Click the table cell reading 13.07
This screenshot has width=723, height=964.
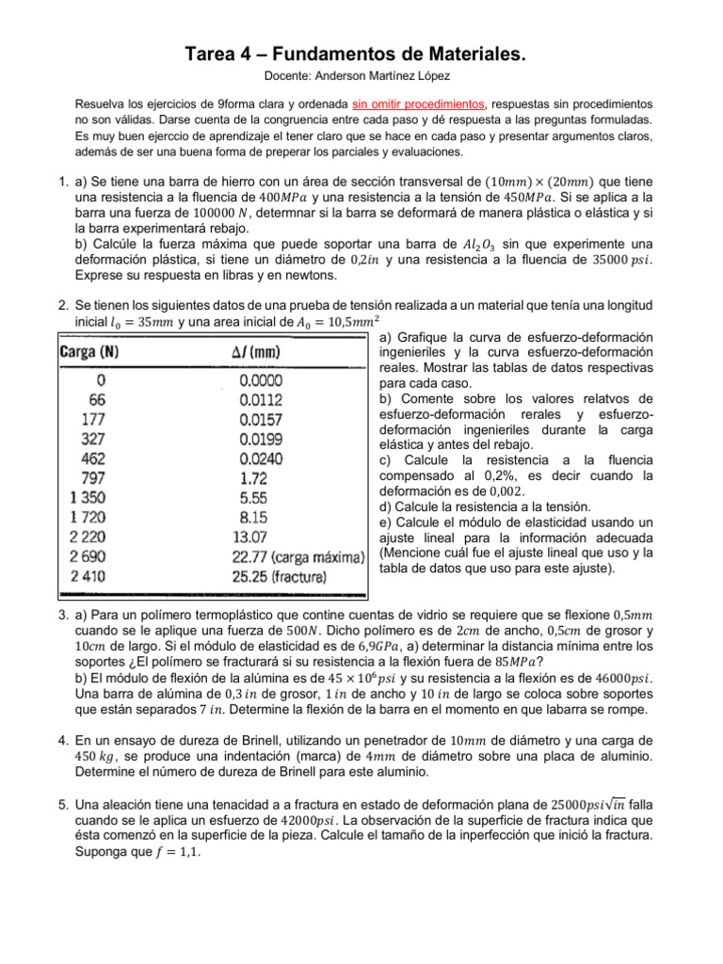[x=250, y=536]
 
